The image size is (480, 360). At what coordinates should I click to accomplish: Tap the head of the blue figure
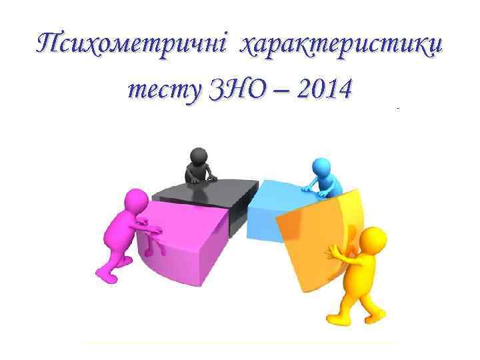click(320, 166)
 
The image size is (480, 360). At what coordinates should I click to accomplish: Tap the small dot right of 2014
click(398, 107)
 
